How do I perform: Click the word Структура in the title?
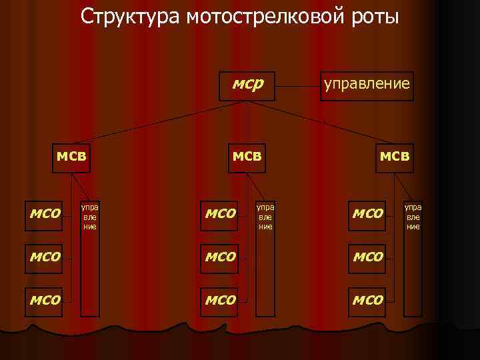pos(126,16)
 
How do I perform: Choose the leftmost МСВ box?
pos(71,158)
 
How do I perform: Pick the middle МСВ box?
pos(247,158)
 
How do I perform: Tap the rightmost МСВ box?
pos(394,158)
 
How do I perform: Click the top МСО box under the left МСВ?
pos(45,215)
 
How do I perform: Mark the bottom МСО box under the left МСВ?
pos(45,300)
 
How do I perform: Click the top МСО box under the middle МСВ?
pos(221,215)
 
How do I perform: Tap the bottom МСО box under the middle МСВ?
pos(221,300)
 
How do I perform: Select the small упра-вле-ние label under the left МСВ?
pos(89,217)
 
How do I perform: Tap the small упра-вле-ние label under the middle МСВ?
pos(265,217)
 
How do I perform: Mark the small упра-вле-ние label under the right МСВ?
pos(413,217)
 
